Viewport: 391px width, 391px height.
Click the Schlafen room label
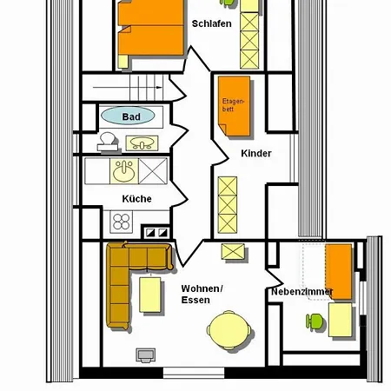[x=212, y=23]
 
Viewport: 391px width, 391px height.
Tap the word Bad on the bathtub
[x=131, y=116]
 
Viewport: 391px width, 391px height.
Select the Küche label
[x=136, y=199]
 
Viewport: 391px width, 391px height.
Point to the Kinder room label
[x=256, y=153]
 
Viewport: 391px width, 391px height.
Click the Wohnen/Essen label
[x=202, y=294]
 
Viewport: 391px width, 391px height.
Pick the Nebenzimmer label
[x=302, y=292]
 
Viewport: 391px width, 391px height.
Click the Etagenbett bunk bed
[x=234, y=106]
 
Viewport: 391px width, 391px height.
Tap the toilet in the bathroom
[x=108, y=142]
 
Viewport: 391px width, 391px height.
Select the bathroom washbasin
[x=142, y=143]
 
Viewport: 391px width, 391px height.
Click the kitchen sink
[x=124, y=171]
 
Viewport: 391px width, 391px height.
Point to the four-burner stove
[x=122, y=222]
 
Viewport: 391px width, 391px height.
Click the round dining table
[x=229, y=329]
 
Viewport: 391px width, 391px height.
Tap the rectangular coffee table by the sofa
[x=150, y=295]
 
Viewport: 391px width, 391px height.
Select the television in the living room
[x=146, y=355]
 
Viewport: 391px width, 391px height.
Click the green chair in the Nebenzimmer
[x=315, y=321]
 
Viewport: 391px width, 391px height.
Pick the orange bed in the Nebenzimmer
[x=339, y=272]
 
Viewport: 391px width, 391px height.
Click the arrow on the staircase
[x=128, y=87]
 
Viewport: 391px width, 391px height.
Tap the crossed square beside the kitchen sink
[x=153, y=171]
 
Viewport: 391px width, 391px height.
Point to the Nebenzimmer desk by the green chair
[x=341, y=320]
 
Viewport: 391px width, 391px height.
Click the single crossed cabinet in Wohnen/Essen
[x=233, y=252]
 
